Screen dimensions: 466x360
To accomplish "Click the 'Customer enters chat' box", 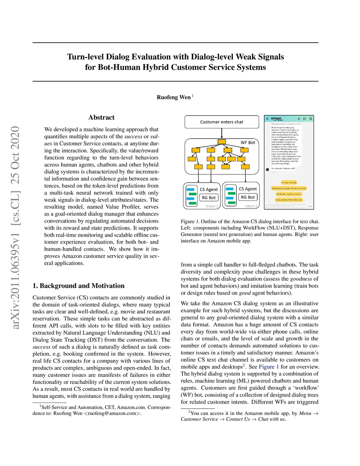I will click(221, 122).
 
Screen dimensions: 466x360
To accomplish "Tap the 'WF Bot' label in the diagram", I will click(248, 142).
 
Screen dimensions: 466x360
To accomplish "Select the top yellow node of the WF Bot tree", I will click(221, 142).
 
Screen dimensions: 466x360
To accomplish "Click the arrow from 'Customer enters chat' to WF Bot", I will click(221, 133).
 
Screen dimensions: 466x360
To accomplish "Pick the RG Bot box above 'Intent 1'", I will click(209, 198).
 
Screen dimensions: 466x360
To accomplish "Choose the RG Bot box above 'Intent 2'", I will click(248, 197).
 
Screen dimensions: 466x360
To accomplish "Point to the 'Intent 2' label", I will click(251, 206).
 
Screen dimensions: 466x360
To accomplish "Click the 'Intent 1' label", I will click(212, 206).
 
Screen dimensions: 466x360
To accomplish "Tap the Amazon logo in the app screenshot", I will click(276, 119).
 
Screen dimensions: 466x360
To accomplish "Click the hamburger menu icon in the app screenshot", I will click(267, 119).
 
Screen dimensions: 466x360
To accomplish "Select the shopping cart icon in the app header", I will click(310, 119).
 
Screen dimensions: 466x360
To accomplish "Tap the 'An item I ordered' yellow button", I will click(289, 183).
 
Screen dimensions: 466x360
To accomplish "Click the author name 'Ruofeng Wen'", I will click(174, 97).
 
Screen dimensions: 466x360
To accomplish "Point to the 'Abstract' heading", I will click(101, 117).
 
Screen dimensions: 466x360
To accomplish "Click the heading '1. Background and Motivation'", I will click(78, 286).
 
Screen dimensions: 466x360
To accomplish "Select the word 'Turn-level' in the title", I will click(85, 57).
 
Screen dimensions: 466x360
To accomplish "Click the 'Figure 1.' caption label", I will click(190, 222).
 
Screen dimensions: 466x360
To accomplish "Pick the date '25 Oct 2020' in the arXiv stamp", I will click(15, 155).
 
